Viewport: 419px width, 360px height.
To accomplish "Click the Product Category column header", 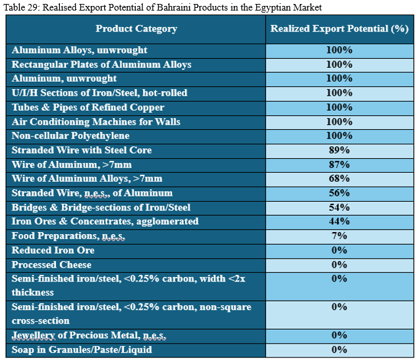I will click(136, 28).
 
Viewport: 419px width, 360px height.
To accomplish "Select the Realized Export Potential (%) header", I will click(339, 28).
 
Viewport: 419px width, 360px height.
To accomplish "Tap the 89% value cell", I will click(339, 150).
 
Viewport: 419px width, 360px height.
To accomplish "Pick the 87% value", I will click(339, 164).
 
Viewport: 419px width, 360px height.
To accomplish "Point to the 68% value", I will click(339, 179).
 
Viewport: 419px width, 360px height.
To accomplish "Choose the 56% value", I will click(339, 193).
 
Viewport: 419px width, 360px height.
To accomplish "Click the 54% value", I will click(339, 207).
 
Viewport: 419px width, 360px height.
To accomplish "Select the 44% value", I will click(339, 222).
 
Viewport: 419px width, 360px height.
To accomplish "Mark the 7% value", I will click(339, 236).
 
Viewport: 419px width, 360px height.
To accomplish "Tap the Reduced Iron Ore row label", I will click(53, 251).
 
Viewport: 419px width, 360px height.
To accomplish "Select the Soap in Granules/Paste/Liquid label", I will click(80, 350).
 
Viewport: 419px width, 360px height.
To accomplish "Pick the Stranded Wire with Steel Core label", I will click(82, 150).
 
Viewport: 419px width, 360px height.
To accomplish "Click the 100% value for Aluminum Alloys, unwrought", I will click(339, 50).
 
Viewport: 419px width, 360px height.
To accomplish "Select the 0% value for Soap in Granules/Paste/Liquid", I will click(339, 350).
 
